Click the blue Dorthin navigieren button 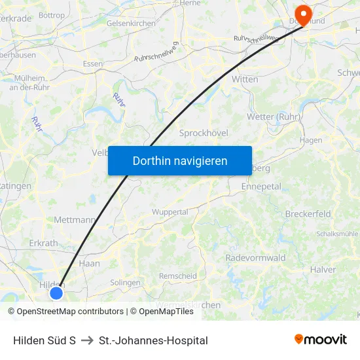click(179, 160)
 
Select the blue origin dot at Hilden click(56, 293)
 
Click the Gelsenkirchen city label click(131, 23)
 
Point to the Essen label click(93, 63)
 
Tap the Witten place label click(245, 79)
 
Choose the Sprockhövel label click(204, 133)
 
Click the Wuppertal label click(170, 212)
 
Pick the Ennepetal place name click(261, 187)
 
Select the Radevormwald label click(255, 258)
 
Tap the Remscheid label click(177, 276)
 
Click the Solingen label click(125, 282)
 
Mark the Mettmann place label click(75, 220)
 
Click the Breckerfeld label click(308, 214)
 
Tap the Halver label click(323, 269)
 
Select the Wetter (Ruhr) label click(273, 117)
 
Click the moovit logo click(321, 340)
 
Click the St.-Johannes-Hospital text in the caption click(153, 340)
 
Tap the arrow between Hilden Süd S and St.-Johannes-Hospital click(87, 340)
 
